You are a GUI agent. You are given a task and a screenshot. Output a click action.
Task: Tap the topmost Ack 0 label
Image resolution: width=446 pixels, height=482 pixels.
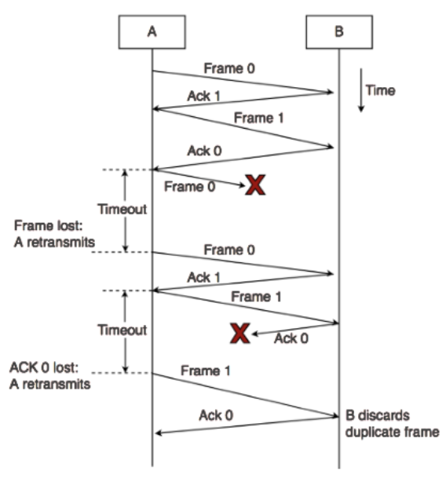coord(203,151)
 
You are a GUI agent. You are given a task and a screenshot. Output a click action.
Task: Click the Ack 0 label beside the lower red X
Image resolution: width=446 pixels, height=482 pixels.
coord(292,338)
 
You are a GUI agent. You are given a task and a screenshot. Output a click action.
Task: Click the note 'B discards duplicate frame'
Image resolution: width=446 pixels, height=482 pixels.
coord(391,423)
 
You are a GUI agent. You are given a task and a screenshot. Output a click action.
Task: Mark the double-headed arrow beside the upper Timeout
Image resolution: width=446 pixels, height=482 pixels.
coord(126,210)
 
